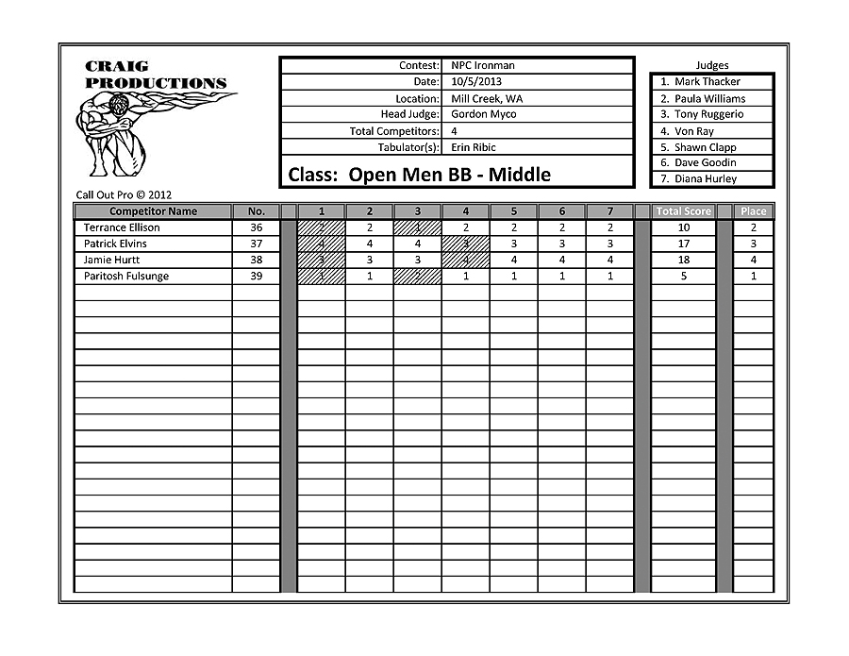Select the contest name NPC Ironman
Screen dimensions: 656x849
[x=483, y=66]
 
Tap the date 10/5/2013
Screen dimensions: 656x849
[x=477, y=82]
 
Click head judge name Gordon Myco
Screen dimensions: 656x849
[x=484, y=114]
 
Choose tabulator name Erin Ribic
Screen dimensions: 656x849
[x=474, y=147]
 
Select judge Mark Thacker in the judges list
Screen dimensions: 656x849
[x=707, y=82]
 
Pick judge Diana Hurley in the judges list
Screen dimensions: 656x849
[x=706, y=178]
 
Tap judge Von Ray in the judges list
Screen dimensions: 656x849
[x=693, y=131]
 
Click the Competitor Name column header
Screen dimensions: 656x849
[x=154, y=211]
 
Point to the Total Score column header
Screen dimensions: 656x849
[x=685, y=211]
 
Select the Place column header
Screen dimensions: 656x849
[x=754, y=211]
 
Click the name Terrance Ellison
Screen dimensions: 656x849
[x=122, y=227]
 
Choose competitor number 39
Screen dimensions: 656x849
[x=257, y=277]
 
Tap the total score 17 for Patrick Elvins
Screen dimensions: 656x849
[x=684, y=244]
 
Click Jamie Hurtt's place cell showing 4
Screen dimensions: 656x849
[x=754, y=260]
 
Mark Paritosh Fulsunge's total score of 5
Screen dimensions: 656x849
[x=684, y=277]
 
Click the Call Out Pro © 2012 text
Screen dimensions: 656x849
[x=124, y=195]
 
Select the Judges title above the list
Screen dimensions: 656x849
[x=712, y=65]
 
